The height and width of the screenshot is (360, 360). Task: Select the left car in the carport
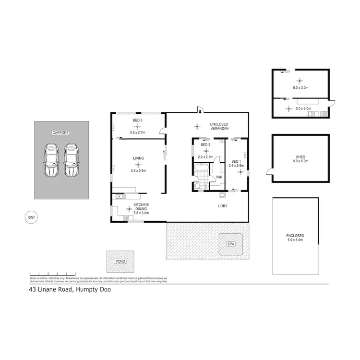coord(50,160)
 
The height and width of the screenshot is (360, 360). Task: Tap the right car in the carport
coord(71,160)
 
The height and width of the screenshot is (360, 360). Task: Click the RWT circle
coord(31,217)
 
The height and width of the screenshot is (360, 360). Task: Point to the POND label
coord(120,262)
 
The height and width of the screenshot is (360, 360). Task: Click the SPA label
coord(231,244)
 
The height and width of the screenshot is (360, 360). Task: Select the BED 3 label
coord(138,120)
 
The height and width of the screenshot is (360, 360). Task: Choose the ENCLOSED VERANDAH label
coord(218,127)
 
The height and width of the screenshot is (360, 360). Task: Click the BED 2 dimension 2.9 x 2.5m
coord(205,157)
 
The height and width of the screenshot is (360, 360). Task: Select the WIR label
coord(218,177)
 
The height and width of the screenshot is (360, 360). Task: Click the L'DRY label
coord(222,206)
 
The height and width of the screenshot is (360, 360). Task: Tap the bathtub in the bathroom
coord(201,168)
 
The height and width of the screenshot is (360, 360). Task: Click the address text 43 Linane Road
coord(50,290)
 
